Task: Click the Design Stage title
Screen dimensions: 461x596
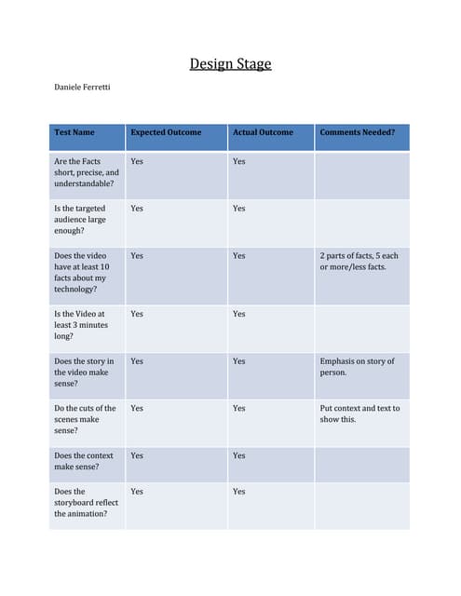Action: (x=230, y=64)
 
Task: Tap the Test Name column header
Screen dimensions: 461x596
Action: (x=75, y=132)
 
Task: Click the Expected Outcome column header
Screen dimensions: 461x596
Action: (x=166, y=132)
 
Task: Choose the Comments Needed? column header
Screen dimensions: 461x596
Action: (x=357, y=132)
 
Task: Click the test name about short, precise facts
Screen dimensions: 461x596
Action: (x=87, y=172)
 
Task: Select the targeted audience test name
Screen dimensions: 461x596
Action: (x=80, y=220)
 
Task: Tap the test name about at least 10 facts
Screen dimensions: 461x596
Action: (x=81, y=272)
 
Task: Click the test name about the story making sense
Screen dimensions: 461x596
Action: (x=84, y=372)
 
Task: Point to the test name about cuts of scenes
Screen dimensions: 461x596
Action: (x=85, y=419)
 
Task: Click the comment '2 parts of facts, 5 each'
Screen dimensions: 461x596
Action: (x=359, y=261)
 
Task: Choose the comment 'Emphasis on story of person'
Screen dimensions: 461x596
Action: (x=357, y=366)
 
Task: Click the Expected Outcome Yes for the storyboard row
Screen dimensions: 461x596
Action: (x=137, y=491)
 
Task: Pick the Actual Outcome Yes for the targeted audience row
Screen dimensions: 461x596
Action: (x=239, y=209)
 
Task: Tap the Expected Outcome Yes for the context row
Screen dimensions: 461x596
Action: (x=137, y=455)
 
